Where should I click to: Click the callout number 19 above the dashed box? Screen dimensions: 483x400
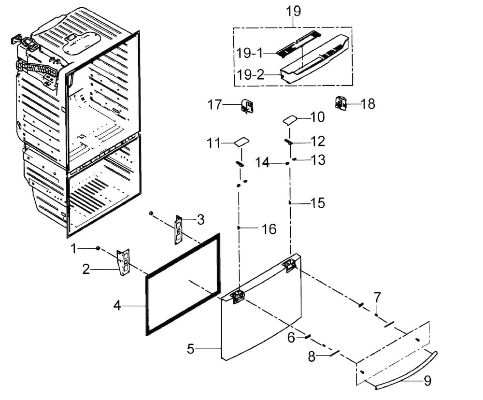point(293,11)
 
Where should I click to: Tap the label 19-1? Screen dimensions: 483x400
point(250,53)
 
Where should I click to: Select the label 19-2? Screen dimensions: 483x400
point(250,74)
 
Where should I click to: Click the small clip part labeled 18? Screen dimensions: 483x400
point(340,102)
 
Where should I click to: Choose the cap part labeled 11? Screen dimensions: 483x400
point(242,143)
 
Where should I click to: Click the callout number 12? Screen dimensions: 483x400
point(318,141)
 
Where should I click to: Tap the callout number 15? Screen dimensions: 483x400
point(318,203)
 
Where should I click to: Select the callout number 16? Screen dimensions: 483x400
point(269,229)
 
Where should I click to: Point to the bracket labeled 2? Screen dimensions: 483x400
point(124,262)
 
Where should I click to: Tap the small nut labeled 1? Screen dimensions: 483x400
point(98,248)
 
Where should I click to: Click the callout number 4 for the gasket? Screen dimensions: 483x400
point(117,306)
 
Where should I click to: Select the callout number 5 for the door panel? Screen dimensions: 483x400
point(191,349)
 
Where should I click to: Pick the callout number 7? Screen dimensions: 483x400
point(377,298)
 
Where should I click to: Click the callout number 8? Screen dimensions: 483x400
point(312,357)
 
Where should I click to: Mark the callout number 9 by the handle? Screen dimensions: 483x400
point(427,381)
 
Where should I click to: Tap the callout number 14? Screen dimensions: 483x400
point(262,162)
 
